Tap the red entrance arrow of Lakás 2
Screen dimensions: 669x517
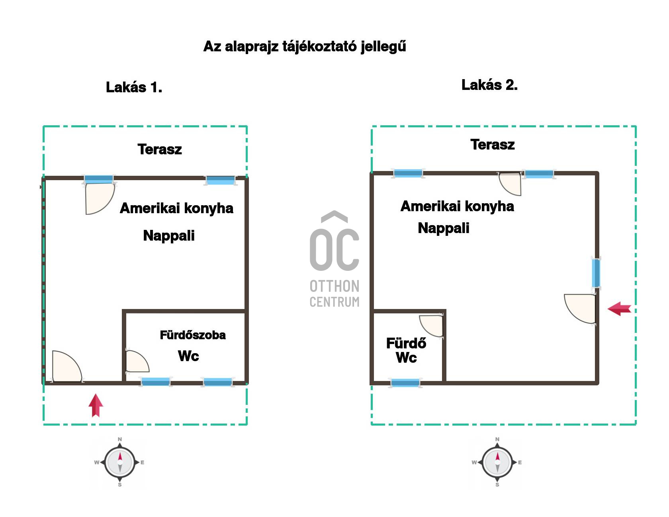pyautogui.click(x=619, y=309)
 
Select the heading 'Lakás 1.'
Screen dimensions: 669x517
pyautogui.click(x=134, y=87)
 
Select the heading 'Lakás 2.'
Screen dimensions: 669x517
pyautogui.click(x=489, y=85)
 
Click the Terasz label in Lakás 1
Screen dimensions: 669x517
pyautogui.click(x=160, y=150)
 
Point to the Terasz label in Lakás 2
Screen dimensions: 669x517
pyautogui.click(x=493, y=145)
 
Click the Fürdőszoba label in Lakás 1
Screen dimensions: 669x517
pyautogui.click(x=193, y=335)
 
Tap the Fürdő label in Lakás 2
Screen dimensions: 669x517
pyautogui.click(x=406, y=343)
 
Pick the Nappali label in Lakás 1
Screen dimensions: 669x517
pyautogui.click(x=169, y=236)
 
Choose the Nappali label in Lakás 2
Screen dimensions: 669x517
pyautogui.click(x=444, y=228)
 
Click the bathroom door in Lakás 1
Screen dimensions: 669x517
pyautogui.click(x=137, y=362)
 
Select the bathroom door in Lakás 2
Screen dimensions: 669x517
pyautogui.click(x=431, y=326)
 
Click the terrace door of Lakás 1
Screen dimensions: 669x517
pyautogui.click(x=100, y=198)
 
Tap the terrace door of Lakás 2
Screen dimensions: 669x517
pyautogui.click(x=510, y=183)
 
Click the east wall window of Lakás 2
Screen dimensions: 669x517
pyautogui.click(x=596, y=273)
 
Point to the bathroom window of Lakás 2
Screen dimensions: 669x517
pyautogui.click(x=405, y=383)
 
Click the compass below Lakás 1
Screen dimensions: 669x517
pyautogui.click(x=119, y=463)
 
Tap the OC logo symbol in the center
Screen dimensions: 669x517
pyautogui.click(x=334, y=241)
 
